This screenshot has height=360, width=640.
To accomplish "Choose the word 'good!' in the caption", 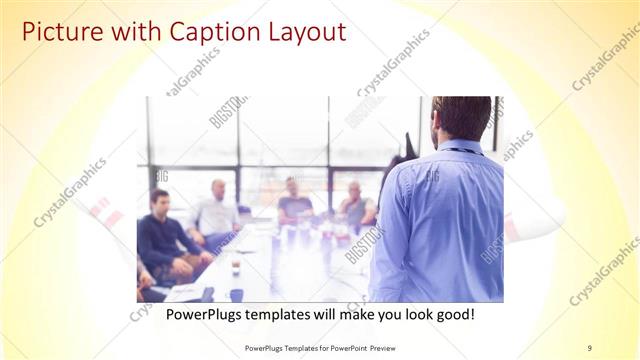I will tap(451, 316).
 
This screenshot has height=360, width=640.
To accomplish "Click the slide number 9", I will tap(590, 348).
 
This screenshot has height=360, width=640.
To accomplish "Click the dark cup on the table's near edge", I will tap(236, 294).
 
